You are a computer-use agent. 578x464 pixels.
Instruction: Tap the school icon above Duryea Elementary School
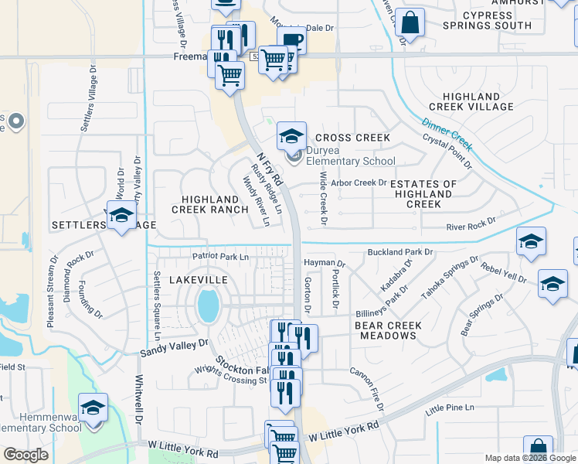[x=291, y=136]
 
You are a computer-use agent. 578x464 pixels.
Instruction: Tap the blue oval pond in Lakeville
[x=208, y=305]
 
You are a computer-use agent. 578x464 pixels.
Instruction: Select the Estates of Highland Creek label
[x=423, y=194]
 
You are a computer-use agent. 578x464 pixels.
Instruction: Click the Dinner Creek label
[x=447, y=132]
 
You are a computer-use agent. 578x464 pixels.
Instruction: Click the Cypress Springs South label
[x=487, y=20]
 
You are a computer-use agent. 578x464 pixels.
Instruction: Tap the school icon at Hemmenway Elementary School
[x=93, y=407]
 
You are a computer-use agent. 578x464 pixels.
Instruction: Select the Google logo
[x=25, y=455]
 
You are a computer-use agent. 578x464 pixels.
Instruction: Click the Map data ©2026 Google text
[x=529, y=458]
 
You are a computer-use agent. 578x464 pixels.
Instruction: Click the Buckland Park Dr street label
[x=410, y=252]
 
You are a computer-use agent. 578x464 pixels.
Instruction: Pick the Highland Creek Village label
[x=468, y=101]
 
